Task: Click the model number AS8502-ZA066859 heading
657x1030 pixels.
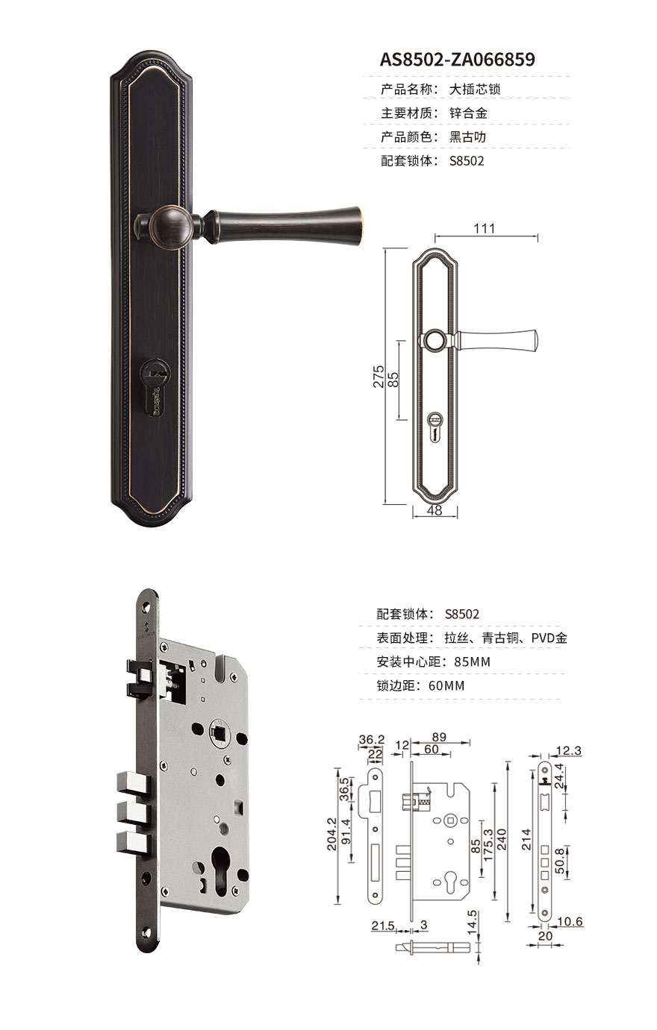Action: [x=457, y=60]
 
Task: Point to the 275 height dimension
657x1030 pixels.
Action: [x=379, y=377]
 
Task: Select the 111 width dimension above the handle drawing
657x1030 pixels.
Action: [x=485, y=228]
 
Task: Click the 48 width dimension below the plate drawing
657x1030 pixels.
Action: [x=435, y=510]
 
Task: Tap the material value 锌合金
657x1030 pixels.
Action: [x=468, y=113]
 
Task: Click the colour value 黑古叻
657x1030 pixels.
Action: [x=468, y=137]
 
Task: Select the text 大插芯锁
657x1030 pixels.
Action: [x=475, y=90]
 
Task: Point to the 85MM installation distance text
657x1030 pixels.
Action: [x=472, y=662]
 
